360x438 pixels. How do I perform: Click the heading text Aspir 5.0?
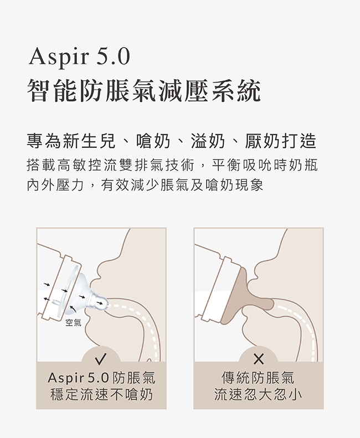(79, 57)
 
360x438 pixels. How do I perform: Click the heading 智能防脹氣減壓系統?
(144, 90)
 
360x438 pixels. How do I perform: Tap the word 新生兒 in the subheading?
(89, 141)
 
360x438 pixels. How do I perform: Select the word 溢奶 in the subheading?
(208, 141)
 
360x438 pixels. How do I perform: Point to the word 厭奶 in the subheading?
(262, 141)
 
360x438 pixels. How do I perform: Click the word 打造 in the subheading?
(299, 141)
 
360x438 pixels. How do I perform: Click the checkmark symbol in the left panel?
(101, 359)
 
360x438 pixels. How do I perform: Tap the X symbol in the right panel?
(259, 359)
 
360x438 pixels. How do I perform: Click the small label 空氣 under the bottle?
(74, 323)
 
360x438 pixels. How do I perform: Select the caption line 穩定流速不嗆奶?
(101, 394)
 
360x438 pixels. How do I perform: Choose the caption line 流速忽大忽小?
(258, 394)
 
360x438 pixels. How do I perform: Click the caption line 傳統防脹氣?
(258, 378)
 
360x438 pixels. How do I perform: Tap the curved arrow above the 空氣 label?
(73, 308)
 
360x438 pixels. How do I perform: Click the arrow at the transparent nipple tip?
(100, 303)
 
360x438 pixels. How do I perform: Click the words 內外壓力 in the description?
(55, 184)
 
